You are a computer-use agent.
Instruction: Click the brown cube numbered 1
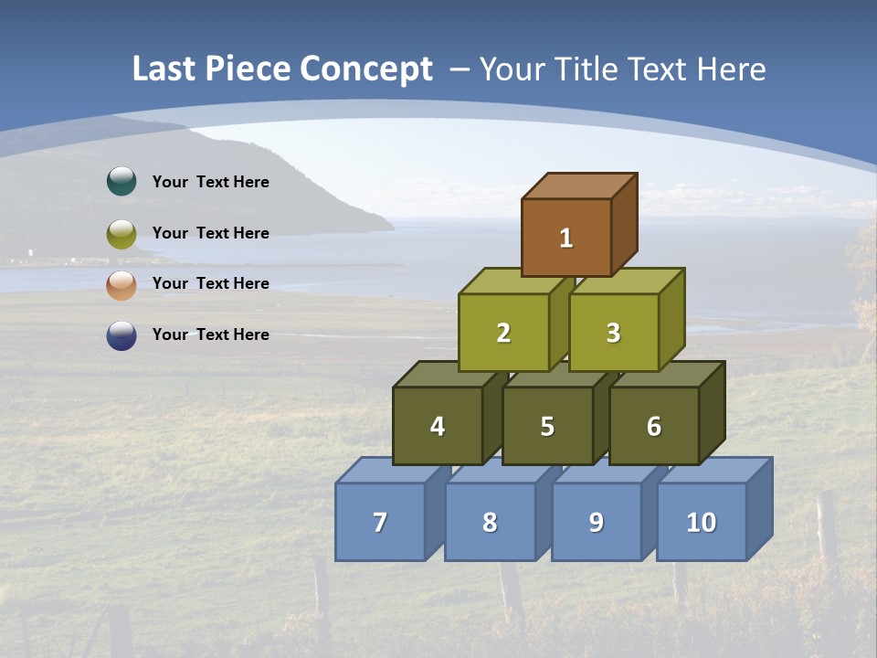[566, 238]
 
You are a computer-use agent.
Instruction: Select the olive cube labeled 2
[503, 333]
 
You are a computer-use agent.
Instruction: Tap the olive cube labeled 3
[613, 333]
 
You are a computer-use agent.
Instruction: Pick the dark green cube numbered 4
[438, 426]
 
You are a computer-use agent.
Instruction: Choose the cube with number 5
[547, 426]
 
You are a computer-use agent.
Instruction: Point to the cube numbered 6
[654, 426]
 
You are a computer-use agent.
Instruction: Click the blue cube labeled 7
[380, 522]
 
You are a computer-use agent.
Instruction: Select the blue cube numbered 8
[490, 522]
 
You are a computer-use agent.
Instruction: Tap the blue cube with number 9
[596, 522]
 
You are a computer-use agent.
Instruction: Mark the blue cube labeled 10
[701, 522]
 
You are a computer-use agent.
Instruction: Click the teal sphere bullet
[122, 182]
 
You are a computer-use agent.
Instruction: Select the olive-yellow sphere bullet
[122, 234]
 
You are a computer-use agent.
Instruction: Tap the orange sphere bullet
[122, 285]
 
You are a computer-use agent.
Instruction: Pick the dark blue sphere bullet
[122, 335]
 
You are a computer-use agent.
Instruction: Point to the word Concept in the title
[366, 69]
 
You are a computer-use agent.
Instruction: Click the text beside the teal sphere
[211, 182]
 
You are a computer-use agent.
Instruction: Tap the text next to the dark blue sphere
[211, 334]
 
